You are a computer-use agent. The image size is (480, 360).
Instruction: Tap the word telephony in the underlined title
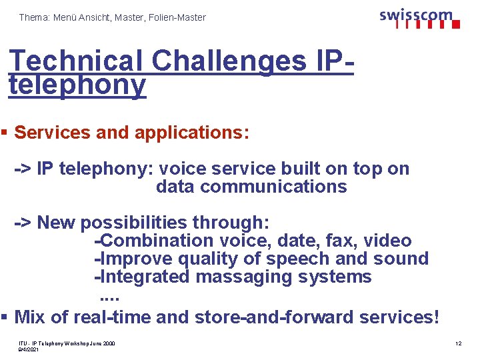(77, 85)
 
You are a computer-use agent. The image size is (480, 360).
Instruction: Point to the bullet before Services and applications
(4, 132)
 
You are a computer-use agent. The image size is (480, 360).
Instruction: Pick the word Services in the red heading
(52, 132)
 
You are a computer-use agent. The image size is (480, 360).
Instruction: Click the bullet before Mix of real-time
(4, 317)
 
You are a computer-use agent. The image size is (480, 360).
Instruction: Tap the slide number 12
(458, 343)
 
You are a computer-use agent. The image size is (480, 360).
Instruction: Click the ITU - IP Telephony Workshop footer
(67, 343)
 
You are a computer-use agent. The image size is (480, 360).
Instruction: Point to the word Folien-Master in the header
(177, 17)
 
